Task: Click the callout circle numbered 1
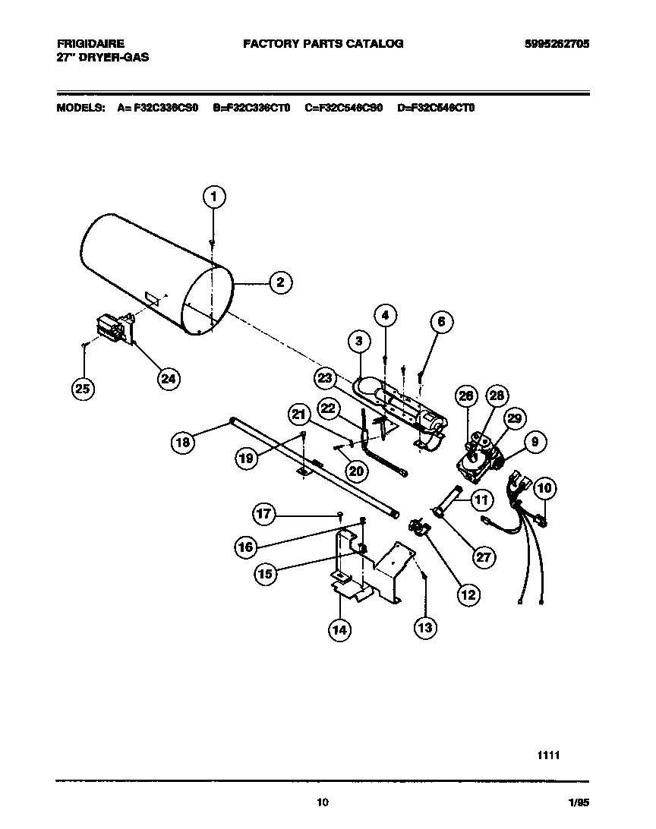(214, 197)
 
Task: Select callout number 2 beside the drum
(279, 282)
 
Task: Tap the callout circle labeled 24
(169, 377)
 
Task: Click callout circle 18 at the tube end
(182, 442)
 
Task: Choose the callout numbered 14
(341, 628)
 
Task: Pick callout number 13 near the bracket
(426, 627)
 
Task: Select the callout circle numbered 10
(544, 488)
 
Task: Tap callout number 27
(483, 556)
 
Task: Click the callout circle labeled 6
(441, 322)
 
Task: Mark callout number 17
(263, 515)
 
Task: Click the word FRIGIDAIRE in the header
(90, 43)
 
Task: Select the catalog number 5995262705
(557, 43)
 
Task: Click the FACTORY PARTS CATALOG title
(323, 43)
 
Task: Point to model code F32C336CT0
(252, 108)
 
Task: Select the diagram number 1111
(549, 755)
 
